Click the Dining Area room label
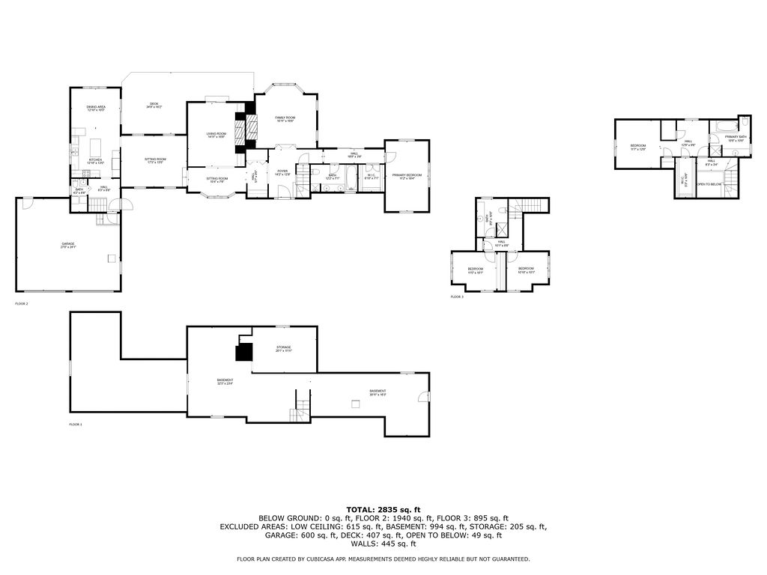[95, 109]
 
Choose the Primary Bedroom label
[407, 176]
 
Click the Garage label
[68, 245]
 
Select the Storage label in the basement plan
[283, 348]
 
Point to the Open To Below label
[709, 184]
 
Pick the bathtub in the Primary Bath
[724, 125]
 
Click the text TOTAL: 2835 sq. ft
[383, 509]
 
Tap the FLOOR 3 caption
[457, 297]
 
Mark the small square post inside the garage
[112, 259]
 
